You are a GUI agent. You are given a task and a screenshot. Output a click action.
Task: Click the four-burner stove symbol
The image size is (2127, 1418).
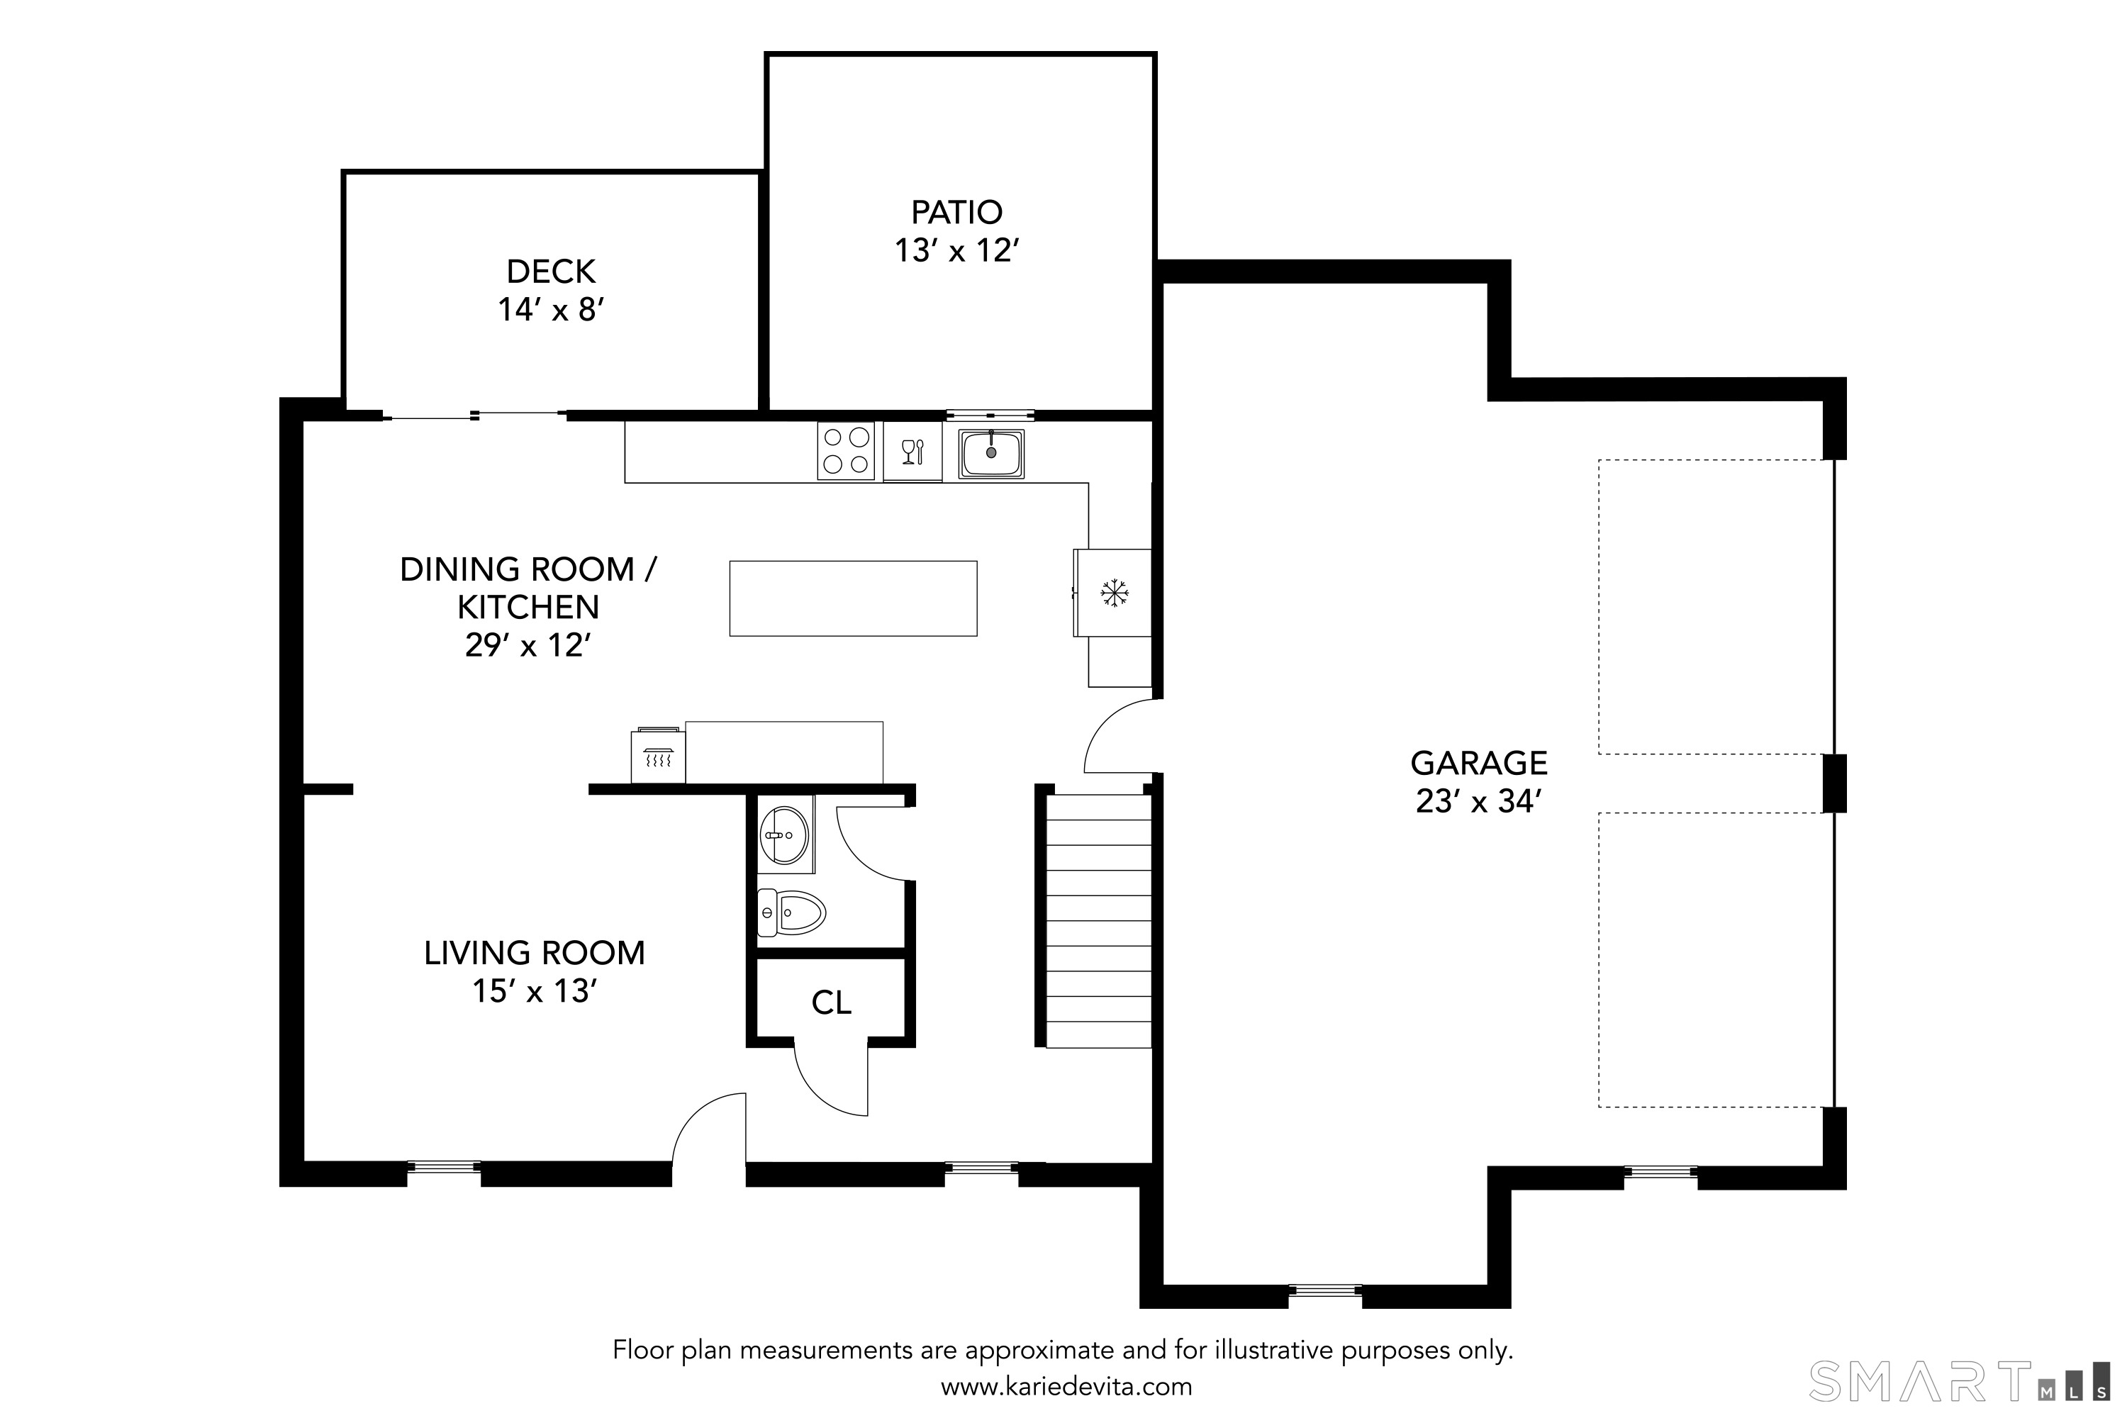[x=846, y=450]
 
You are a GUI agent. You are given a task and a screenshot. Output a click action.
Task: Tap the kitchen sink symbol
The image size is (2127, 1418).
[x=990, y=453]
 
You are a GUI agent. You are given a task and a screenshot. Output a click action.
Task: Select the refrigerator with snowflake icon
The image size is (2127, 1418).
[x=1113, y=593]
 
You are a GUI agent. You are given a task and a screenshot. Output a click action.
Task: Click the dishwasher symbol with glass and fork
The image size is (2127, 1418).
[x=912, y=451]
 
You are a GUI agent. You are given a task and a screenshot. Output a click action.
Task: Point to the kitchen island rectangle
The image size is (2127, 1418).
[x=853, y=598]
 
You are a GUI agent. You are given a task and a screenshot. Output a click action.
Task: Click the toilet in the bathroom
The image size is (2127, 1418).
[x=791, y=912]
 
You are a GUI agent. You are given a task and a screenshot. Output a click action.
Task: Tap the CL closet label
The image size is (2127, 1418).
[x=831, y=1002]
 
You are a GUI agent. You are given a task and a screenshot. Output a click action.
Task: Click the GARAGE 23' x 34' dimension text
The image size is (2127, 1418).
[x=1478, y=801]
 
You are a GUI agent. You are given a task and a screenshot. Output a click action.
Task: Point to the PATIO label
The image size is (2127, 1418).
[x=956, y=211]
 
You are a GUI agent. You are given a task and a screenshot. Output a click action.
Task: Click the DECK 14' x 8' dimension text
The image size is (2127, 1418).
[x=551, y=309]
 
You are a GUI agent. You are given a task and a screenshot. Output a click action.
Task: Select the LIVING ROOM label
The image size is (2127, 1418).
[x=535, y=952]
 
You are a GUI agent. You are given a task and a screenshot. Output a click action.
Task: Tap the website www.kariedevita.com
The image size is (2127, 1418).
[x=1066, y=1386]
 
